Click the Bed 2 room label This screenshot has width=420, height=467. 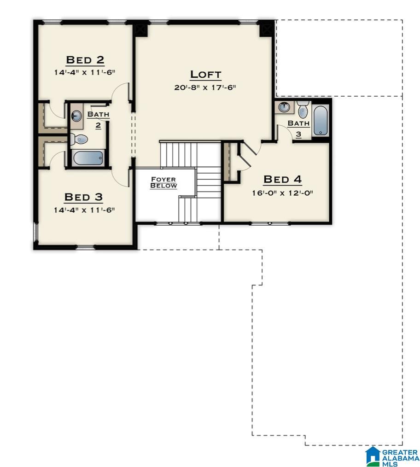point(85,60)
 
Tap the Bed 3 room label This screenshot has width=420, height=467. point(83,197)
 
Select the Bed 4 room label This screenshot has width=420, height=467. point(282,179)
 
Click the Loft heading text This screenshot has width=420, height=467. point(205,75)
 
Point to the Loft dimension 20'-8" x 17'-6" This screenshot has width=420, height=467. point(205,87)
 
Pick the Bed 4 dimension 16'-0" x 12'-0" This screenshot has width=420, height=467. point(282,193)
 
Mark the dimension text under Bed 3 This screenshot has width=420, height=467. point(83,210)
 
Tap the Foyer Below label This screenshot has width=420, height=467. point(163,182)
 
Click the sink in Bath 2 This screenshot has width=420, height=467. point(77,116)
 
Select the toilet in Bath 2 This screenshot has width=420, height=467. point(79,138)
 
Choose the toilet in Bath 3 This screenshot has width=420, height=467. point(303,110)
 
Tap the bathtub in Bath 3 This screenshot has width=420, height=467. point(321,121)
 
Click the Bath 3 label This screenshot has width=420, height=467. point(298,128)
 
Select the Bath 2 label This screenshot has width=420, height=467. point(98,119)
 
